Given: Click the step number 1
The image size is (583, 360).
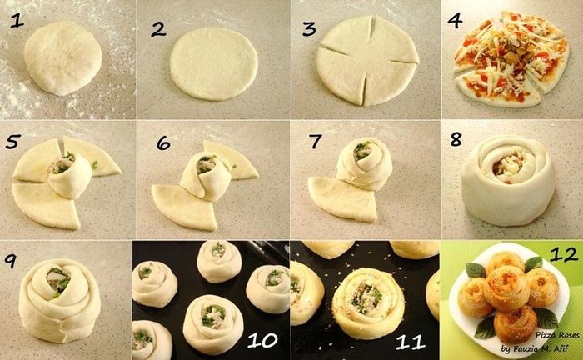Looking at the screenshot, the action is tap(17, 20).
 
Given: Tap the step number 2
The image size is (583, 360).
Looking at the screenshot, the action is tap(158, 29).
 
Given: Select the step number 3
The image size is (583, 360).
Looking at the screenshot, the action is tap(309, 28).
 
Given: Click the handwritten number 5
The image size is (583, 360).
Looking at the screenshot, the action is tap(12, 142).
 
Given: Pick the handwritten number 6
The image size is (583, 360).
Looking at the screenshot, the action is tap(163, 142).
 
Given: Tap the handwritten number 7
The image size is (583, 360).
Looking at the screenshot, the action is tap(316, 141).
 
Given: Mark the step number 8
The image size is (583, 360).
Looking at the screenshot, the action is tap(456, 139).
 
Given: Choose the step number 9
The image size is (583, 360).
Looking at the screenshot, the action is tap(11, 260).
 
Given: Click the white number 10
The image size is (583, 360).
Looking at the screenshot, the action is tap(262, 340).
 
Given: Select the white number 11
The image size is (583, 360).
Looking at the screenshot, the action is tap(411, 342).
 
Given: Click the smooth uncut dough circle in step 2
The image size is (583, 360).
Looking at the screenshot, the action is tap(214, 63).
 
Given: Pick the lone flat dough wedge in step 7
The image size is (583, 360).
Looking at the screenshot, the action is tap(341, 199).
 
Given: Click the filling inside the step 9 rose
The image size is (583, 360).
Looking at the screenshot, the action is tap(58, 280).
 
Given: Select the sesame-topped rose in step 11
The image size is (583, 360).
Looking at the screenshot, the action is tap(368, 303).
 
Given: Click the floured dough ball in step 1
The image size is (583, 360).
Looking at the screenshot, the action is tap(62, 58).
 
